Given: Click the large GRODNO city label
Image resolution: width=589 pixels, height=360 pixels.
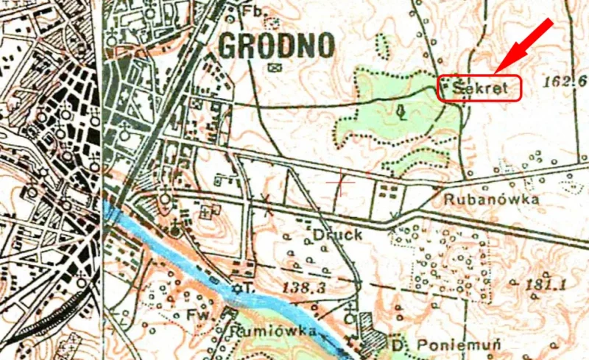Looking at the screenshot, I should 276,46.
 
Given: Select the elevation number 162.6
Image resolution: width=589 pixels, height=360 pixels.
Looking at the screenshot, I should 563,80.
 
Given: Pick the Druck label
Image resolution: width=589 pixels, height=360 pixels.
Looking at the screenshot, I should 338,235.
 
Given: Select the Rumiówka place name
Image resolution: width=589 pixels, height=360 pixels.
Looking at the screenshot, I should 277,332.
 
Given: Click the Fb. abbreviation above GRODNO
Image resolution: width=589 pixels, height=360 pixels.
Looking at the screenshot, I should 253,11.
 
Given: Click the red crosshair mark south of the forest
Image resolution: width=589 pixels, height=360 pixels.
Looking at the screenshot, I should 340,181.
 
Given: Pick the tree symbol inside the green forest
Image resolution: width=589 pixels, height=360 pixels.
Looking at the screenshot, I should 401,112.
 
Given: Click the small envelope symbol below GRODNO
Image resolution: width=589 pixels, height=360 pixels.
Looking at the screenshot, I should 276,68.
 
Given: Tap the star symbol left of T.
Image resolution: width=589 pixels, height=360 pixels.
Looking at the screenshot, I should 237,287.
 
